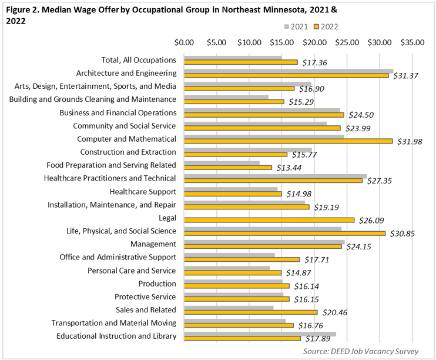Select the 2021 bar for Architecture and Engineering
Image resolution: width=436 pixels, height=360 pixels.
point(289,71)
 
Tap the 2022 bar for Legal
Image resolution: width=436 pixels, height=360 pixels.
point(269,220)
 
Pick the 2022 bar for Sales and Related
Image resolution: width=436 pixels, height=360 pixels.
point(251,312)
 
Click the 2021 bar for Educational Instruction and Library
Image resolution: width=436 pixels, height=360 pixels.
point(260,334)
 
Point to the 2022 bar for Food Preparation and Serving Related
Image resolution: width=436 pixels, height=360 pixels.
point(228,167)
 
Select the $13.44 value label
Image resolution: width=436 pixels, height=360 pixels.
point(289,168)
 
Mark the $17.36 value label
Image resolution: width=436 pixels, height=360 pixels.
point(314,62)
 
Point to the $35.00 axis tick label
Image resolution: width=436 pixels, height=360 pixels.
point(412,42)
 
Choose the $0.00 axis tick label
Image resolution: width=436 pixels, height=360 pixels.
point(185,42)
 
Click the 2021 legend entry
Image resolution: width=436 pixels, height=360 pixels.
point(295,26)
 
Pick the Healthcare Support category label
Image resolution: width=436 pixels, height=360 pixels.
point(143,191)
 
